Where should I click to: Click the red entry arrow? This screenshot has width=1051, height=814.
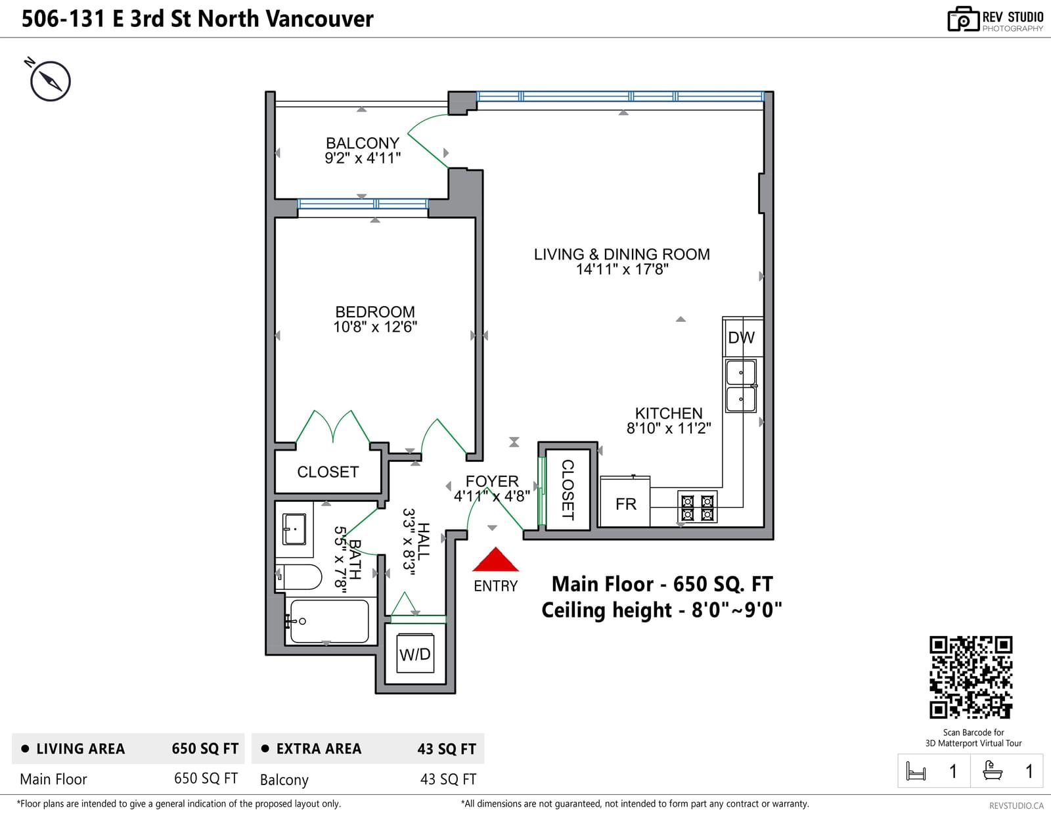pos(495,560)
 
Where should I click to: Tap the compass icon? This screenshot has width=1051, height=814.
pos(50,81)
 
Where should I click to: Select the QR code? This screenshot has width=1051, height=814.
pos(971,677)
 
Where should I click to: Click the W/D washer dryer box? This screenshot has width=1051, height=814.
pos(415,654)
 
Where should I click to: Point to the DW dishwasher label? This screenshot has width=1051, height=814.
pos(742,338)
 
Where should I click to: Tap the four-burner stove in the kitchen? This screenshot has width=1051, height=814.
pos(697,507)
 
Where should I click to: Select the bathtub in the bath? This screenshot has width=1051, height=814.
pos(329,621)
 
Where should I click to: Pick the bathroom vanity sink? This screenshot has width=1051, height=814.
pos(294,529)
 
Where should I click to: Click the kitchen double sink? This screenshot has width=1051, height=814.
pos(740,386)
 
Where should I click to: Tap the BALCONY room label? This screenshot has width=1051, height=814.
pos(362,143)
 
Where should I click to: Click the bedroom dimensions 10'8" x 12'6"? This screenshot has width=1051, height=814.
pos(375,327)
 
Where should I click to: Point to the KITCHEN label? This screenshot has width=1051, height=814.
pos(669,413)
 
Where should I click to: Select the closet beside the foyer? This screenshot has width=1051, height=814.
pos(568,489)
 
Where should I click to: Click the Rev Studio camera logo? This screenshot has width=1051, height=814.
pos(963,19)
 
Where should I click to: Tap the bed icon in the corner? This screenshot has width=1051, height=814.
pos(916,771)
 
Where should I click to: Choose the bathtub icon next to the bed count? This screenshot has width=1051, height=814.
pos(993,771)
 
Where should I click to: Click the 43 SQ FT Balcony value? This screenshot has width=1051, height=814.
pos(448,779)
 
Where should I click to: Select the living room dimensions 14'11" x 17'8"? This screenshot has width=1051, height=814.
pos(622,269)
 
